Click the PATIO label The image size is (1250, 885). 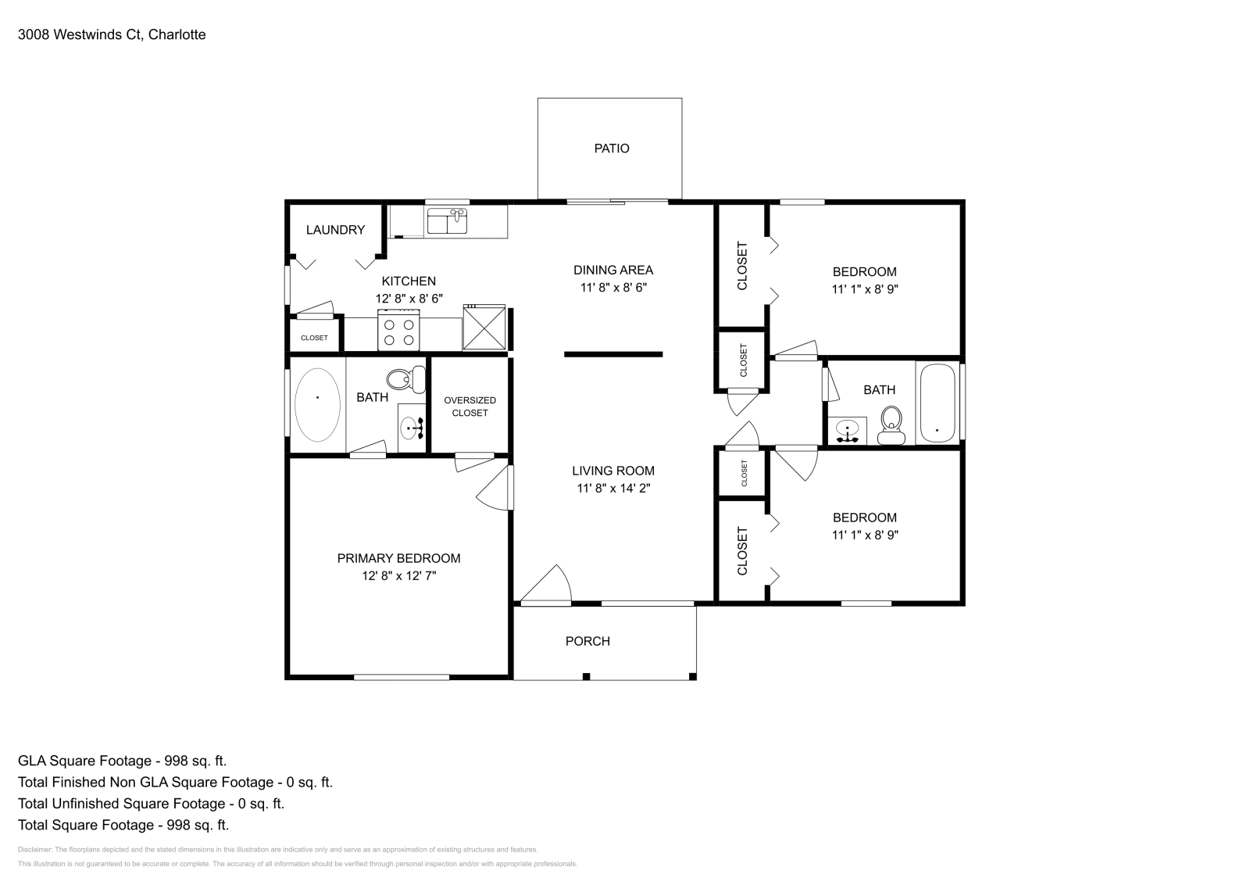pos(611,149)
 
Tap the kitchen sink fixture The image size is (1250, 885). pos(447,221)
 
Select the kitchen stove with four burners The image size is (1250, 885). pos(398,330)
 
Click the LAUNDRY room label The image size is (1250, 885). pos(335,230)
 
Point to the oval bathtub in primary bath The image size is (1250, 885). pos(317,404)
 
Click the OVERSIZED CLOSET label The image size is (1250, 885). pos(470,407)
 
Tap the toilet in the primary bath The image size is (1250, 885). pos(404,380)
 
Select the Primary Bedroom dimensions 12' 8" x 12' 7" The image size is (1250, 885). pos(398,575)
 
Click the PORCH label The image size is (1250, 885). pos(587,641)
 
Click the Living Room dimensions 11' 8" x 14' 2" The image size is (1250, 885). pos(613,488)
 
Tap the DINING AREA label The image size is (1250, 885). pos(613,270)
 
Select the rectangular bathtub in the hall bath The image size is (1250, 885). pos(937,404)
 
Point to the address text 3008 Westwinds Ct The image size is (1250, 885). pos(112,34)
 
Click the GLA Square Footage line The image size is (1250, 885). pos(123,761)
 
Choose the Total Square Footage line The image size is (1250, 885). pos(123,825)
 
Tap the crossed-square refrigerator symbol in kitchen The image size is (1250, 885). pos(484,328)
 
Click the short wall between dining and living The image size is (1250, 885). pos(613,354)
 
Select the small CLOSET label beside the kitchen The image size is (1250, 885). pos(314,338)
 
